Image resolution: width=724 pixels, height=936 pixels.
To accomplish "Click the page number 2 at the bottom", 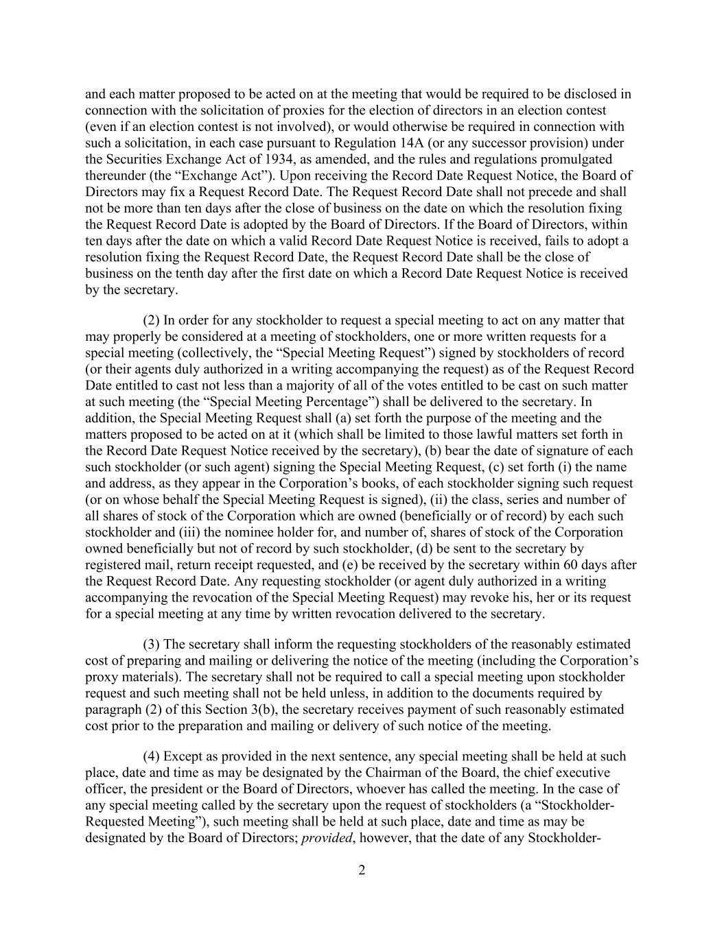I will (x=362, y=871).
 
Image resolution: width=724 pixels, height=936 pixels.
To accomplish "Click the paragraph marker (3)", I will (x=150, y=645).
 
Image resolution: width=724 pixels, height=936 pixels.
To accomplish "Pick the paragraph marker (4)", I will (x=150, y=756).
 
